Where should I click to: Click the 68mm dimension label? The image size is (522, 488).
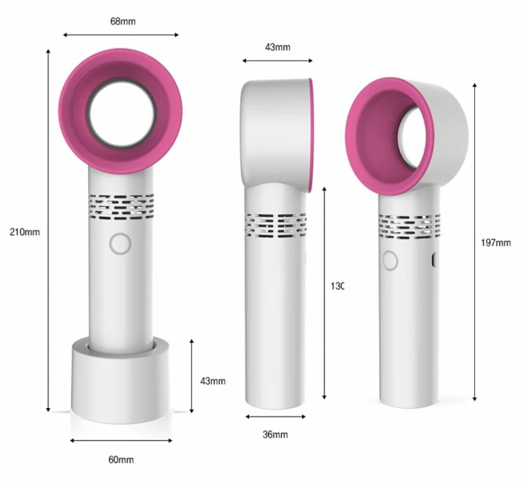123,21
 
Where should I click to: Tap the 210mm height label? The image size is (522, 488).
25,232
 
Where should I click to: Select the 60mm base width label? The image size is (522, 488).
121,459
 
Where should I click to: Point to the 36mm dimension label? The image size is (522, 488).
275,434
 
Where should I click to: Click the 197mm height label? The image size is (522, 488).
495,243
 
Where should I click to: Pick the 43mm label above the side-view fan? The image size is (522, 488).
277,47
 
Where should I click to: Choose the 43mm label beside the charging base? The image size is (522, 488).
213,381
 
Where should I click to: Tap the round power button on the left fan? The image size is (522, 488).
120,244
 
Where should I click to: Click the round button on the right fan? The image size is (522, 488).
390,261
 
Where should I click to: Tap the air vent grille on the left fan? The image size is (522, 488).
121,205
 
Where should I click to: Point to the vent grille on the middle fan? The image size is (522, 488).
275,225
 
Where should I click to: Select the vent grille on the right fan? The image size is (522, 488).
409,226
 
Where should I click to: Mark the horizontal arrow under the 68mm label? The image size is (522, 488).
121,35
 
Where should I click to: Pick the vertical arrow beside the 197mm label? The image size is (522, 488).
475,242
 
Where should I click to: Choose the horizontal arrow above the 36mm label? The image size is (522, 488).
275,416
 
